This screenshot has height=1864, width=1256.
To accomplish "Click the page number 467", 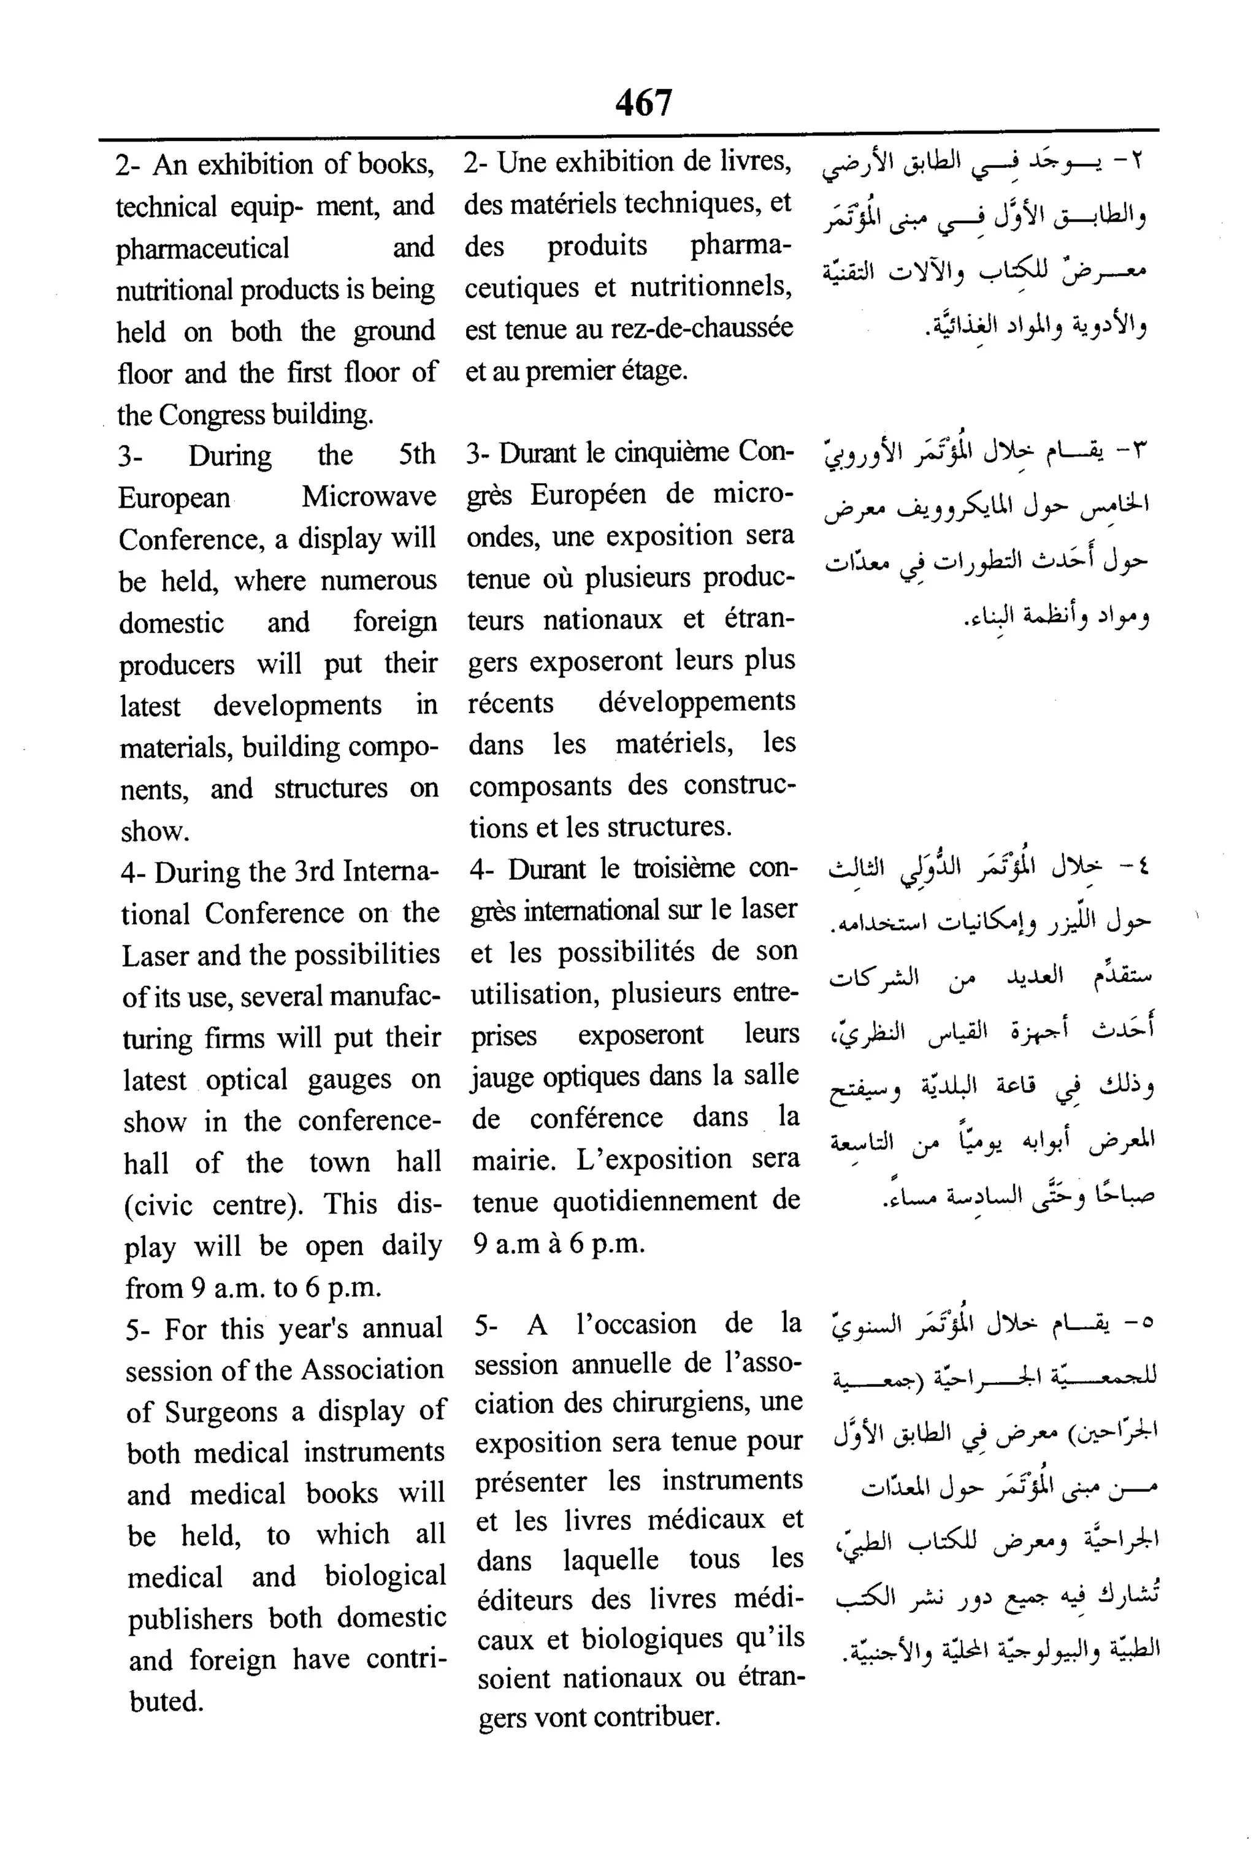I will pyautogui.click(x=644, y=102).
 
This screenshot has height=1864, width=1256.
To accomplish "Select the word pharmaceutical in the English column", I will pyautogui.click(x=202, y=248).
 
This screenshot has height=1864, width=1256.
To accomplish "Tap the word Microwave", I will pyautogui.click(x=369, y=497).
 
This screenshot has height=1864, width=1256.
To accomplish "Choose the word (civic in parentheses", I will pyautogui.click(x=158, y=1204).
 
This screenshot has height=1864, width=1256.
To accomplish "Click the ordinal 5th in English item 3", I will pyautogui.click(x=416, y=455).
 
